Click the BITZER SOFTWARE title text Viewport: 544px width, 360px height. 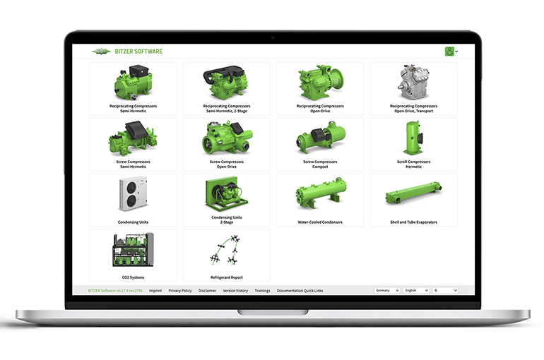click(x=138, y=52)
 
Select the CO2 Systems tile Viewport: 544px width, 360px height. click(x=133, y=255)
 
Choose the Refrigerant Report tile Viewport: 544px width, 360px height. click(x=226, y=255)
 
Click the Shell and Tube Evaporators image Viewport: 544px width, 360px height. click(x=413, y=194)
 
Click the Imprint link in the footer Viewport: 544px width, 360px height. click(x=155, y=291)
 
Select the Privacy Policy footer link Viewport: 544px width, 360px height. click(x=180, y=291)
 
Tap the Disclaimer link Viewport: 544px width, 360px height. click(x=207, y=291)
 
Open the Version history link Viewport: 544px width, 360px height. click(x=235, y=291)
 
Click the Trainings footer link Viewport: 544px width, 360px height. click(x=262, y=291)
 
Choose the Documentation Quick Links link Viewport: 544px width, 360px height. click(x=300, y=291)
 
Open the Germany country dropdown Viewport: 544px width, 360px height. click(x=387, y=291)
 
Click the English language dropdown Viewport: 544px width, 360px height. click(x=416, y=291)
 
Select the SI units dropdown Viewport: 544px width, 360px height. click(x=445, y=291)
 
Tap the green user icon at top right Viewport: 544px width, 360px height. click(x=449, y=51)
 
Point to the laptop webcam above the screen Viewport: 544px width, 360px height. click(x=272, y=37)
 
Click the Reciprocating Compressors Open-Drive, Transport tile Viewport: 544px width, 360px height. click(x=413, y=88)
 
